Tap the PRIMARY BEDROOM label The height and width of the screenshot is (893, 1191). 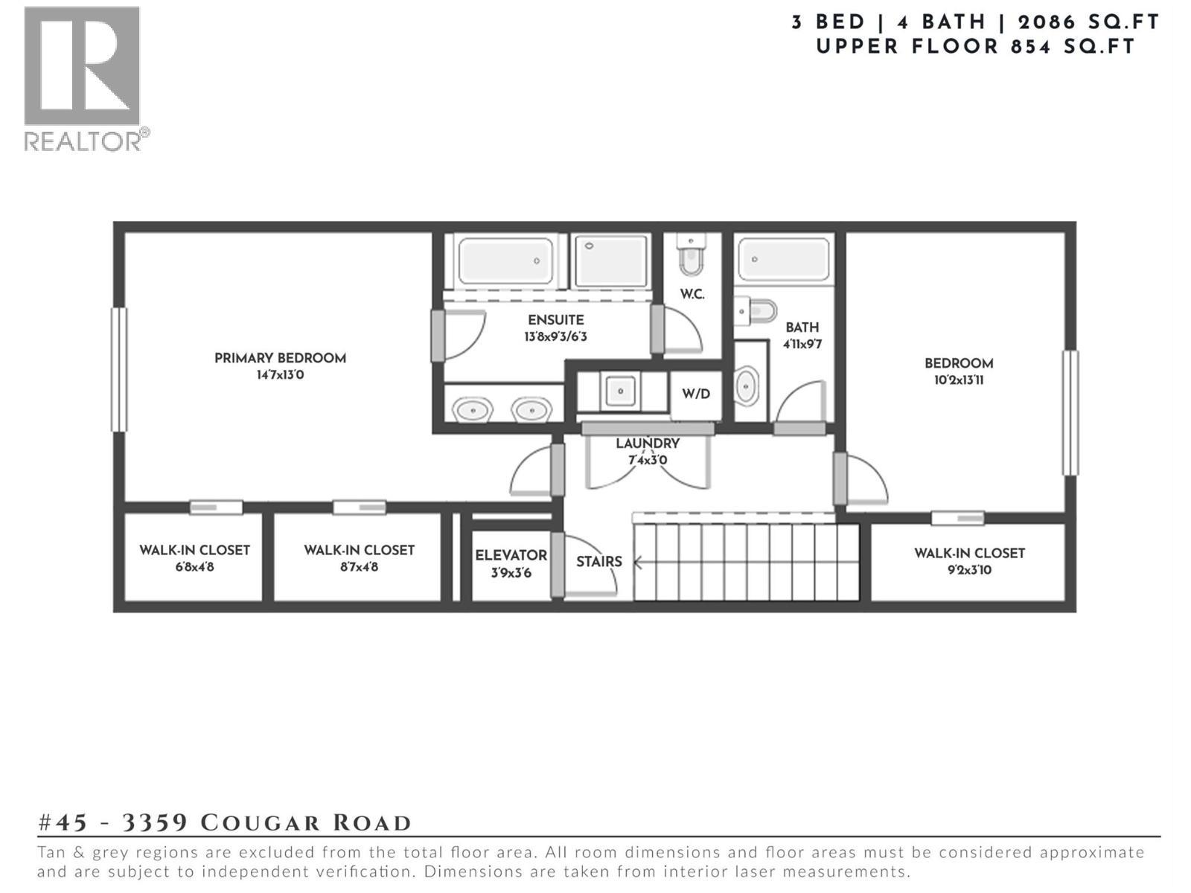pos(280,358)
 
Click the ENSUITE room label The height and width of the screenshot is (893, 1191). pos(555,320)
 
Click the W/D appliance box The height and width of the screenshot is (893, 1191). pos(696,394)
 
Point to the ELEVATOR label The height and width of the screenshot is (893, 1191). pos(511,555)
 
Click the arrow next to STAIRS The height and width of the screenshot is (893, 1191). pos(637,563)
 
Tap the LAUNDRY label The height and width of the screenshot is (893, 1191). pos(647,444)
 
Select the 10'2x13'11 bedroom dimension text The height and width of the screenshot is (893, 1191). pos(958,380)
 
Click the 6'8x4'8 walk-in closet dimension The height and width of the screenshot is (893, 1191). pos(194,567)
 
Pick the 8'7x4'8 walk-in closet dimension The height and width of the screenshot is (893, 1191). pos(359,567)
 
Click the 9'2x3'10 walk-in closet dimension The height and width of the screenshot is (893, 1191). pos(969,571)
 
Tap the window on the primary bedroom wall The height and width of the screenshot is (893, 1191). pos(118,369)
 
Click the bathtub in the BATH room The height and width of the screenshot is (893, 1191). pos(783,259)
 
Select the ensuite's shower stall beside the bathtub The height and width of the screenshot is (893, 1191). pos(611,260)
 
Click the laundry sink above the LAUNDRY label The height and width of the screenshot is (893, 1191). pos(619,390)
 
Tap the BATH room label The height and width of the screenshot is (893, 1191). pos(802,327)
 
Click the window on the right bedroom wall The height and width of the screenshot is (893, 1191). pos(1070,412)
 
